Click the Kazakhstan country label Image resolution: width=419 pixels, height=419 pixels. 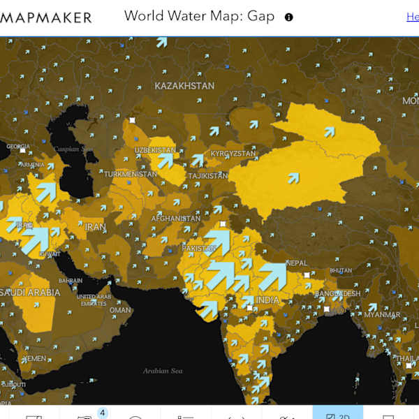pos(184,86)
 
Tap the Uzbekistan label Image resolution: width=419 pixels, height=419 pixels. pos(155,150)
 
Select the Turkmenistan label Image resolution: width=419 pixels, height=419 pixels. pos(131,174)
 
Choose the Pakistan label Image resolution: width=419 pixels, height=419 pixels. pos(198,249)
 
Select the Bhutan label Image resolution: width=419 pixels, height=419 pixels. pos(341,270)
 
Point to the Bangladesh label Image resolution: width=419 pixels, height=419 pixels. pos(337,293)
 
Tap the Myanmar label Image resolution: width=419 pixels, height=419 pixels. pos(382,314)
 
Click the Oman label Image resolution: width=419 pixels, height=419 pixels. pos(120,310)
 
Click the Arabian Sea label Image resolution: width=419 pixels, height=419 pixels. pos(163,371)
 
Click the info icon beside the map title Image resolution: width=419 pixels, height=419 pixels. pos(288,17)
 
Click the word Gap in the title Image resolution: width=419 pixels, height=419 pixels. pos(260,16)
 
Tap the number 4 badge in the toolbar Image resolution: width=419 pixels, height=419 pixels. pos(102,413)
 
